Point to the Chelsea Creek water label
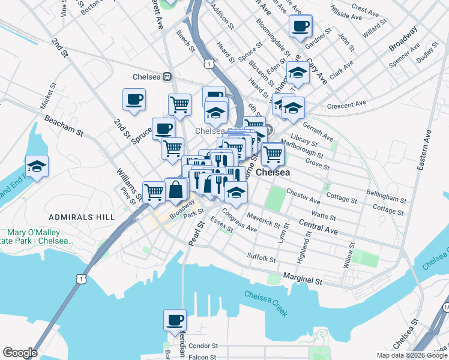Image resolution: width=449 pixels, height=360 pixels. click(x=266, y=304)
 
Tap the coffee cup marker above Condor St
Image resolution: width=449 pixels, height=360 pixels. click(x=175, y=321)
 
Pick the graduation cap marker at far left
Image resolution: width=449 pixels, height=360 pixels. click(x=37, y=167)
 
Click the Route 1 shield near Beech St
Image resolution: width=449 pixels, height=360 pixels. click(x=208, y=63)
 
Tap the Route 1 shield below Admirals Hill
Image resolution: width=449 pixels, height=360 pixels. click(x=79, y=278)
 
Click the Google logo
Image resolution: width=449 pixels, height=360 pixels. click(x=19, y=353)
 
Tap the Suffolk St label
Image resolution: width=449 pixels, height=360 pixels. click(x=261, y=259)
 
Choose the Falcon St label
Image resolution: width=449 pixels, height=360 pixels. click(x=202, y=357)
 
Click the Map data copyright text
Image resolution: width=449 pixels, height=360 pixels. click(x=412, y=355)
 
